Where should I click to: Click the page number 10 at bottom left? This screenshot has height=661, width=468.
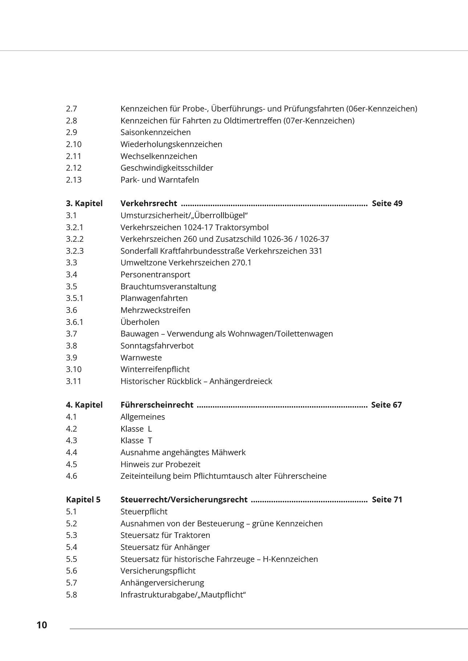(x=42, y=625)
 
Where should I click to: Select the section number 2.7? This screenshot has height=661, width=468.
(x=72, y=109)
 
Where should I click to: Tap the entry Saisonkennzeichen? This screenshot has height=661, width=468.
(x=155, y=132)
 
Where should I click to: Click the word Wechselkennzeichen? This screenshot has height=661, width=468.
(x=159, y=156)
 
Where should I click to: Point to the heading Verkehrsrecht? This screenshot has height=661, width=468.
(x=148, y=203)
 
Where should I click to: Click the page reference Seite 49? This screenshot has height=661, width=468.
(x=387, y=203)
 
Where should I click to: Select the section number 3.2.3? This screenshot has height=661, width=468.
(x=75, y=251)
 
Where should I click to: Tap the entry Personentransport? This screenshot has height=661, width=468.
(x=155, y=274)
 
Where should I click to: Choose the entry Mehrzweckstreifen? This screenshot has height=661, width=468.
(x=155, y=310)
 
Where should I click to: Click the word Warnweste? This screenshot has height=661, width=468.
(x=141, y=358)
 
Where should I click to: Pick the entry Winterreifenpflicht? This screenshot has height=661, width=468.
(x=155, y=369)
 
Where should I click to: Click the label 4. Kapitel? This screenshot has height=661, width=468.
(x=84, y=405)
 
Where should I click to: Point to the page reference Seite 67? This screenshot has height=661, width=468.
(x=386, y=405)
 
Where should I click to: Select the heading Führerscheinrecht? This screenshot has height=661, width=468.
(x=157, y=405)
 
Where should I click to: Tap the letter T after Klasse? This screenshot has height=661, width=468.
(x=150, y=440)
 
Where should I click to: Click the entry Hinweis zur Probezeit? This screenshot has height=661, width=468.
(x=160, y=464)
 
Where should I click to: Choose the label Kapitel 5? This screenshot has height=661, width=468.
(x=83, y=499)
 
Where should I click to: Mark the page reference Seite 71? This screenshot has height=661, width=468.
(x=387, y=499)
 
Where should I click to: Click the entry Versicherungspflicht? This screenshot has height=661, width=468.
(x=158, y=571)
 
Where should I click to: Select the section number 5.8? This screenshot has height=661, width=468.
(x=72, y=595)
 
